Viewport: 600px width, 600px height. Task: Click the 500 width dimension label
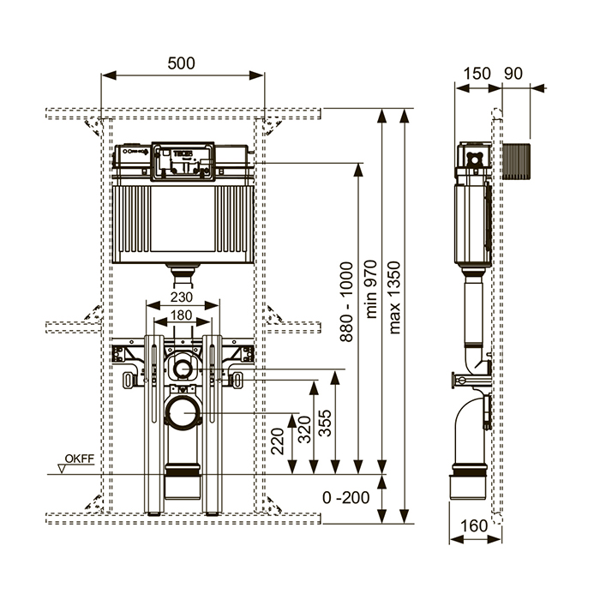click(x=182, y=63)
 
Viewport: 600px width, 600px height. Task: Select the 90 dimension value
click(x=513, y=73)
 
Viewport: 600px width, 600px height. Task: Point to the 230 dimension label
click(x=180, y=297)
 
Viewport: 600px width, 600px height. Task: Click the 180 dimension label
click(x=180, y=316)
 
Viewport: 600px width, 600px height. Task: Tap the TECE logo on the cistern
click(x=184, y=154)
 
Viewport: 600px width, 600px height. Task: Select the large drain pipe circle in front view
click(x=182, y=413)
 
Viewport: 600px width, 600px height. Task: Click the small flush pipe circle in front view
click(x=182, y=369)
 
